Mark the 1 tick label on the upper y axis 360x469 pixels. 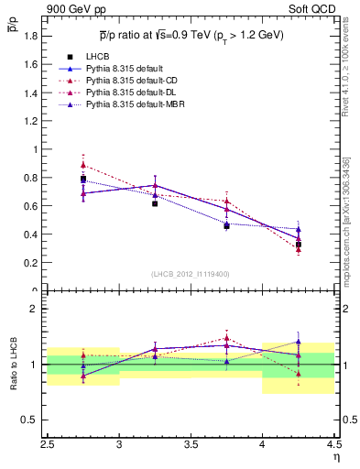tap(38, 149)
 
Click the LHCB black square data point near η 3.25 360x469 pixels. tap(155, 203)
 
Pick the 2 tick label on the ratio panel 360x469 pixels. tap(38, 309)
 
